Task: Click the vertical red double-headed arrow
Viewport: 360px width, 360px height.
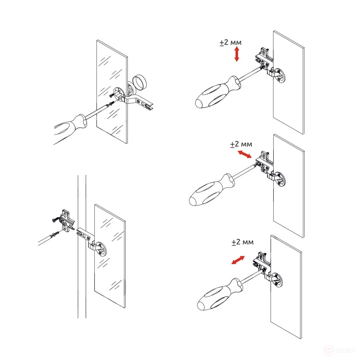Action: point(237,54)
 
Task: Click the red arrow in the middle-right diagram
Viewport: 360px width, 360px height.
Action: point(244,154)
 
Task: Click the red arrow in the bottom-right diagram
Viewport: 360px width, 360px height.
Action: point(237,260)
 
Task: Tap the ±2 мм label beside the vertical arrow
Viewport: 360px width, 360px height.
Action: point(230,42)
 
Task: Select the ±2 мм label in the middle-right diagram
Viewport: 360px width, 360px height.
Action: point(241,144)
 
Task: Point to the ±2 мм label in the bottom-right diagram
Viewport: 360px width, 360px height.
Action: point(242,242)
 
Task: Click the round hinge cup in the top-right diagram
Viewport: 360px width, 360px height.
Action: point(281,75)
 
